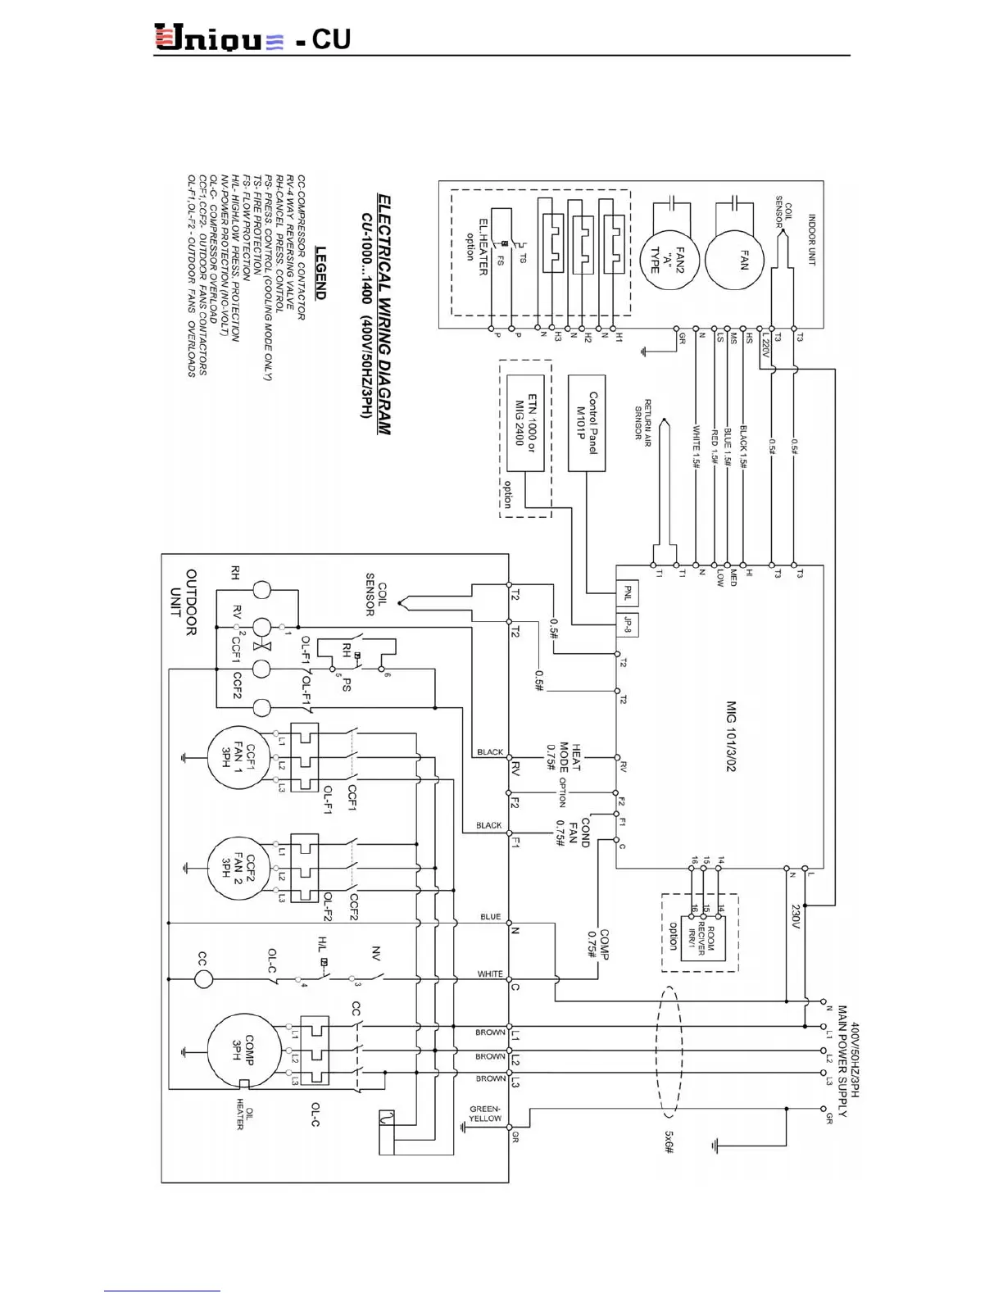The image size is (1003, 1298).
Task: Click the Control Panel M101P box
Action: point(587,423)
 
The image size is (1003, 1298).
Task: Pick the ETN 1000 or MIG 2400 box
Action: point(525,423)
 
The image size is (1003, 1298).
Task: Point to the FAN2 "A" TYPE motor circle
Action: point(672,256)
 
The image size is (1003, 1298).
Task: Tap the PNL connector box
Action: point(628,592)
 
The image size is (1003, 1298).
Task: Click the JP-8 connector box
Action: point(628,625)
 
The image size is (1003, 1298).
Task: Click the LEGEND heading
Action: point(320,273)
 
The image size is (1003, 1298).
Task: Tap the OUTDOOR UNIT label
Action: point(183,602)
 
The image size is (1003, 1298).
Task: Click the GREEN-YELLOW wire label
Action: point(485,1113)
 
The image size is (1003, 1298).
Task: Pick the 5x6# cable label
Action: point(669,1142)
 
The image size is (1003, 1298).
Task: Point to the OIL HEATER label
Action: point(244,1114)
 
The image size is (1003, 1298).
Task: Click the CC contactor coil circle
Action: point(203,978)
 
